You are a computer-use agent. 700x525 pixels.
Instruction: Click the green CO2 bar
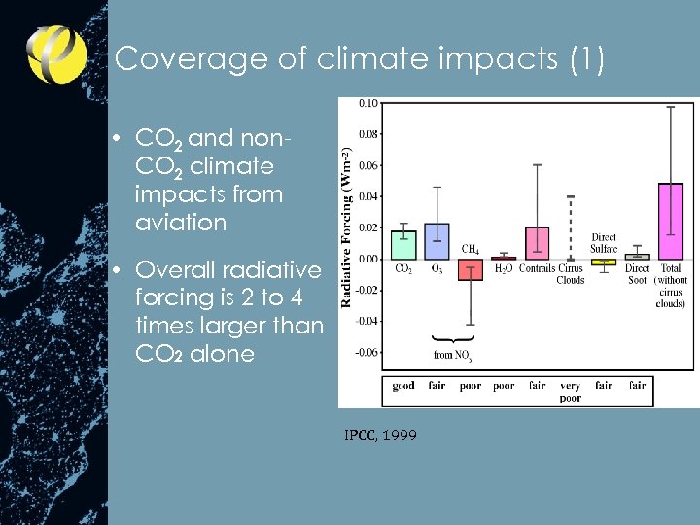[402, 244]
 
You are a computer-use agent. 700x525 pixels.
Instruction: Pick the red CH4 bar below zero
[470, 269]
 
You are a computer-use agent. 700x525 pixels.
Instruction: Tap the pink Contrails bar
[537, 243]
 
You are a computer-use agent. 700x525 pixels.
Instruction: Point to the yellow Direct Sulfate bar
[604, 262]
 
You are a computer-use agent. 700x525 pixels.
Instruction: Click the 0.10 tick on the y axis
[369, 103]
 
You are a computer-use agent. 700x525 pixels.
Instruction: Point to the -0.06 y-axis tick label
[367, 352]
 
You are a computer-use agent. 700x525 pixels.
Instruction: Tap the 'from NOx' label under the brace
[453, 356]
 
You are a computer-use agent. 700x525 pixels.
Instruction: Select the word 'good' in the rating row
[402, 386]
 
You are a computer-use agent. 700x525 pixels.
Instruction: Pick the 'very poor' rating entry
[571, 392]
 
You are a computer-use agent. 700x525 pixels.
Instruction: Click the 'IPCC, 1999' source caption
[380, 436]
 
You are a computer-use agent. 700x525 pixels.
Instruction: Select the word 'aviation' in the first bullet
[181, 223]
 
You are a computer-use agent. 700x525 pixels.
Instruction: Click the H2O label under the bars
[503, 268]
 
